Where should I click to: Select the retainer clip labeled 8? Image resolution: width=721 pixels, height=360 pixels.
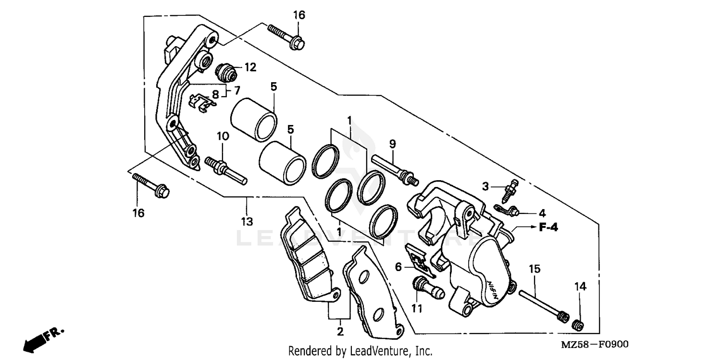click(200, 102)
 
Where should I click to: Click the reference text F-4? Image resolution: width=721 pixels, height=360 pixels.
click(548, 228)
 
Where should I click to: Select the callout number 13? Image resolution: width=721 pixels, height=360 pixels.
click(247, 222)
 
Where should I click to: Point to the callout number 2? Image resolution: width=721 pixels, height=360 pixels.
click(340, 331)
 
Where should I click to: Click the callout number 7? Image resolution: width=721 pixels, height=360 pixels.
click(236, 90)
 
